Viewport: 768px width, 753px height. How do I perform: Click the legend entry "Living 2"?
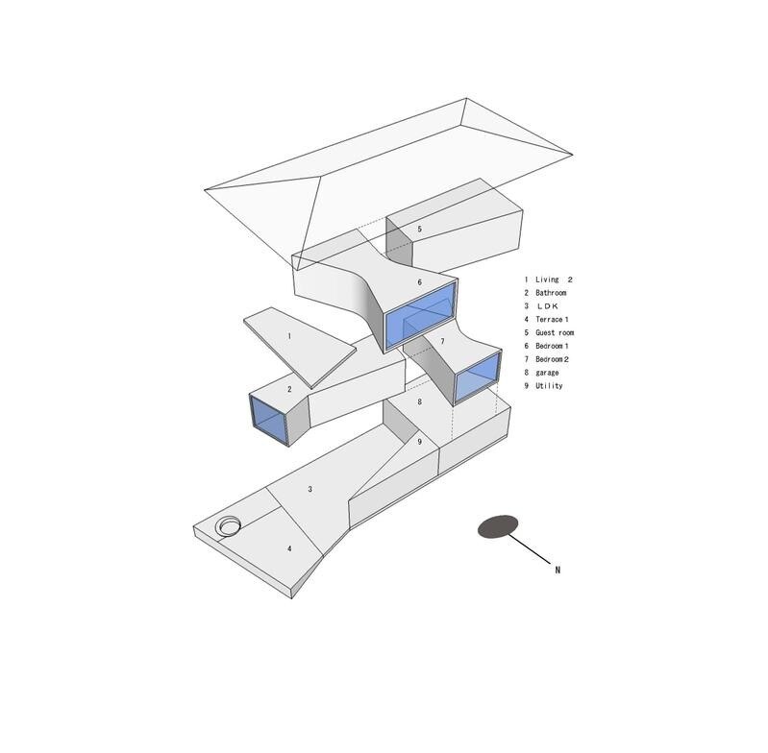point(554,279)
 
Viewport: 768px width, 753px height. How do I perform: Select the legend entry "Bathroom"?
point(551,293)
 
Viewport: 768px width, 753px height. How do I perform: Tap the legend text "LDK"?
point(548,306)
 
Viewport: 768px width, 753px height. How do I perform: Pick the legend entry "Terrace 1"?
point(552,320)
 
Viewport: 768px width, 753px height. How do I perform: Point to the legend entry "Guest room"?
point(555,332)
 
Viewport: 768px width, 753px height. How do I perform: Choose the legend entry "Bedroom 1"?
point(552,346)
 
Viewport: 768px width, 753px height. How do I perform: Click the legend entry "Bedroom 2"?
point(552,359)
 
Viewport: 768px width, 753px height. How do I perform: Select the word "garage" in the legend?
point(547,373)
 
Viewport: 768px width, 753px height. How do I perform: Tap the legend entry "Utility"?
point(549,385)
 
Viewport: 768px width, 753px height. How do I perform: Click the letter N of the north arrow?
point(557,570)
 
